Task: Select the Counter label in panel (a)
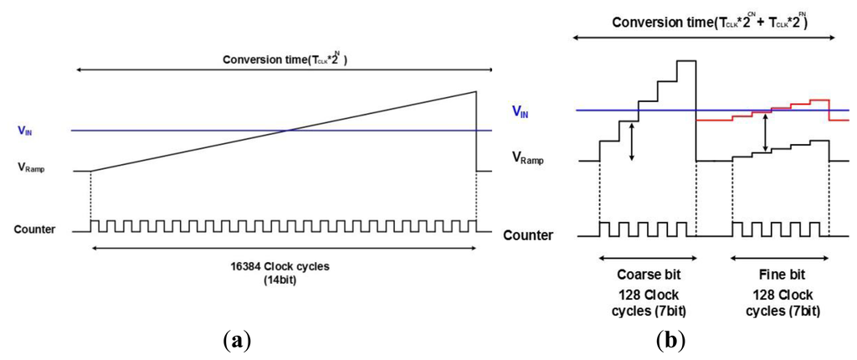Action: pyautogui.click(x=35, y=228)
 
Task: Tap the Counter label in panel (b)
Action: pyautogui.click(x=528, y=235)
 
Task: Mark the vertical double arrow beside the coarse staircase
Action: pyautogui.click(x=632, y=140)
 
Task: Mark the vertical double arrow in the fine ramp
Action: pyautogui.click(x=766, y=132)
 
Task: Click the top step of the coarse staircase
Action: pyautogui.click(x=686, y=61)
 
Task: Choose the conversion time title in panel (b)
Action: pyautogui.click(x=708, y=21)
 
